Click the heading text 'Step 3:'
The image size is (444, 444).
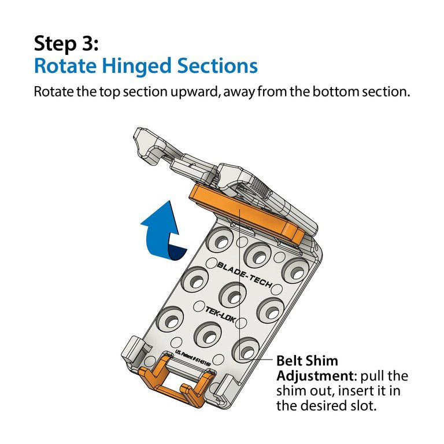click(66, 43)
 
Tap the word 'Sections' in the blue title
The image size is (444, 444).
click(217, 66)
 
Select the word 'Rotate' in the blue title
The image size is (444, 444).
click(65, 66)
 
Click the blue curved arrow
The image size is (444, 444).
click(163, 230)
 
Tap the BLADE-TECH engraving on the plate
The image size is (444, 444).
click(245, 274)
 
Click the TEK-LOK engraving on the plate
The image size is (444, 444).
click(220, 314)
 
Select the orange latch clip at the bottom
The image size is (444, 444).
click(176, 382)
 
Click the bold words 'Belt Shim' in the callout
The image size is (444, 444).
click(307, 361)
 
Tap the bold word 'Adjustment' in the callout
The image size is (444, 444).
click(314, 376)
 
